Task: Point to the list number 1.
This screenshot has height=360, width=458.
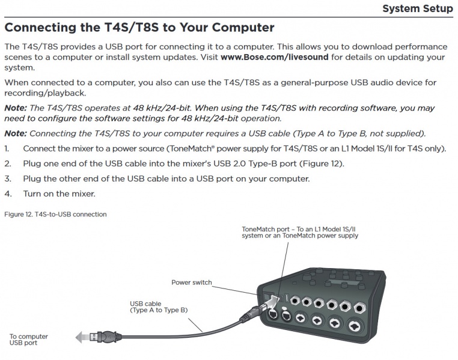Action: pos(7,148)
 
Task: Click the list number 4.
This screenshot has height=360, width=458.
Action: pos(8,194)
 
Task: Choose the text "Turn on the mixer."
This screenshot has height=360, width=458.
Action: pos(59,194)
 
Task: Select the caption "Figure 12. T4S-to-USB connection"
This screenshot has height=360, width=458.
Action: pos(55,215)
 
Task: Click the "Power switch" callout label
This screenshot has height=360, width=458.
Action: pos(191,282)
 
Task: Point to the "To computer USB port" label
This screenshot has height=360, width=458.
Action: pos(28,340)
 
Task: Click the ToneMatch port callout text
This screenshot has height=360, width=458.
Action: pos(300,233)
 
